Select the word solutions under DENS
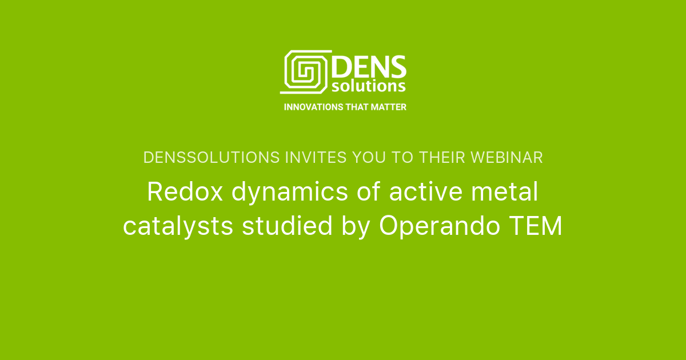pos(369,86)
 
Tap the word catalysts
pos(178,227)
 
